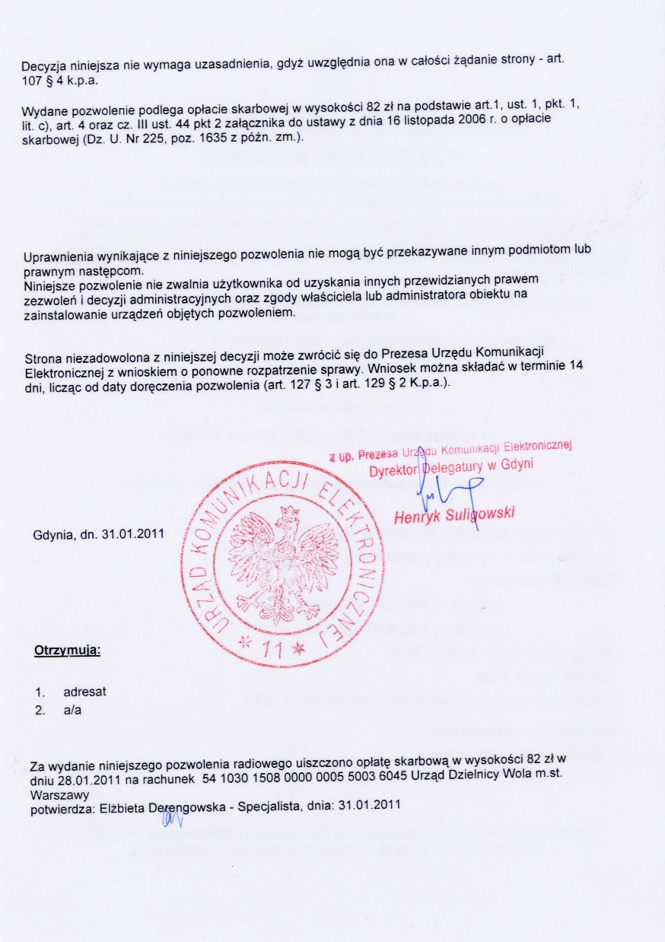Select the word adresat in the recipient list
tap(84, 692)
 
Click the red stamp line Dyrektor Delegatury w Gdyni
tap(451, 466)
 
